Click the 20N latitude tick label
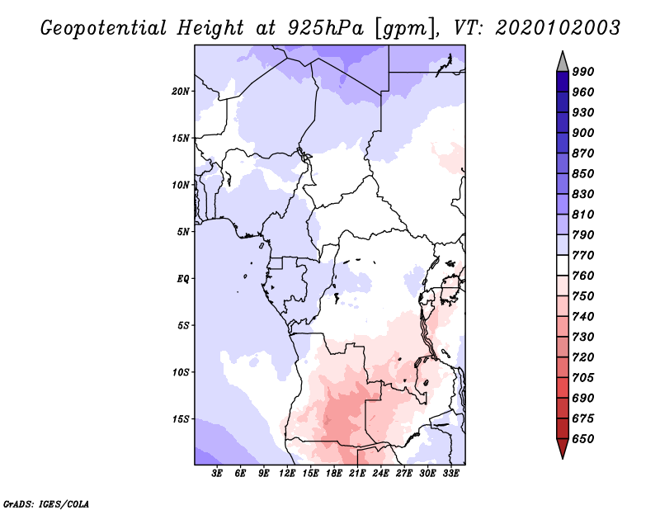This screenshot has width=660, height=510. point(181,92)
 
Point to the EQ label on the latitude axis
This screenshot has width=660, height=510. point(183,279)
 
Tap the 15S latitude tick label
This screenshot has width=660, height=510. point(181,419)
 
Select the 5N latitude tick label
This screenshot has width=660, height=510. point(183,232)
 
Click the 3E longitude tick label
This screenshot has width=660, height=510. point(217,474)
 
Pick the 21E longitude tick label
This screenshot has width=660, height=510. point(357,474)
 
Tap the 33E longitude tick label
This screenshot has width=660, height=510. point(450,474)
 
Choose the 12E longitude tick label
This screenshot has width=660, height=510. point(287,474)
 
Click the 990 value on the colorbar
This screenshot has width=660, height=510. point(583,72)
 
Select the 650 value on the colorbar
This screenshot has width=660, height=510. point(583,439)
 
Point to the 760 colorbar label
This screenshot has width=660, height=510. point(583,276)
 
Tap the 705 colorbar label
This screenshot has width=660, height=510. point(583,378)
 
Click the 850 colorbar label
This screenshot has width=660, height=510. point(583,173)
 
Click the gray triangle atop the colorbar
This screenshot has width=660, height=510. point(563,63)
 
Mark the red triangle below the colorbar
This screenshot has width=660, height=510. point(563,448)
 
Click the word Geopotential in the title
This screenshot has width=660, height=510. point(104,28)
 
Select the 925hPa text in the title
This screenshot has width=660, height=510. point(326,28)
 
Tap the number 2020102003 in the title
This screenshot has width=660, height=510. point(558,28)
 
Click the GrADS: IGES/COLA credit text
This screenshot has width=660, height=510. point(46,504)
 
